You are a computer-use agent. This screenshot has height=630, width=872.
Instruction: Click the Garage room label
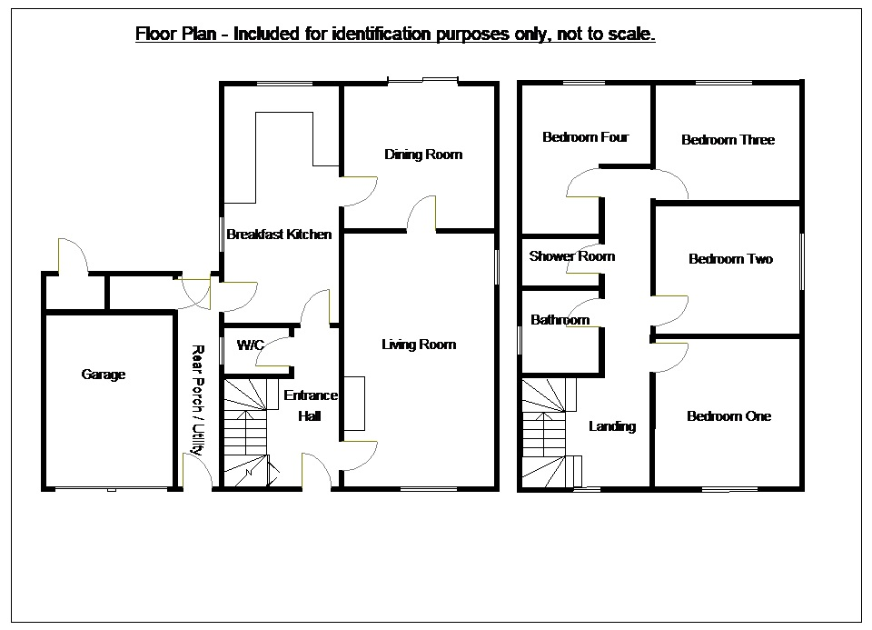coord(104,375)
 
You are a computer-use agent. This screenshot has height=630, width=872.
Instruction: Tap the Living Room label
coord(419,345)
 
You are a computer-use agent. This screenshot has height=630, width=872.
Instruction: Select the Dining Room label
coord(423,155)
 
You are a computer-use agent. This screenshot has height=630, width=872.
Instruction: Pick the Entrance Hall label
coord(311,405)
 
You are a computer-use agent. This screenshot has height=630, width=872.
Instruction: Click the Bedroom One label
coord(729,416)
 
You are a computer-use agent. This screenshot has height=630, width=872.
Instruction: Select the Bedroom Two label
coord(730,259)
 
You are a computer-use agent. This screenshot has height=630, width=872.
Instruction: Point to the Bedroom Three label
coord(728,140)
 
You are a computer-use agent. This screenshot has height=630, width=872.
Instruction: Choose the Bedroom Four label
coord(585,137)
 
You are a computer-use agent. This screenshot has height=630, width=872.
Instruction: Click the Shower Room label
coord(572,256)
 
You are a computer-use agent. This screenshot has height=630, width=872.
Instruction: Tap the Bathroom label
coord(560,320)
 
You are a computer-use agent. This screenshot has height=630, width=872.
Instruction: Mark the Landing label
coord(612,426)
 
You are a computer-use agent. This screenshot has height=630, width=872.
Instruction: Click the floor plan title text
coord(395,35)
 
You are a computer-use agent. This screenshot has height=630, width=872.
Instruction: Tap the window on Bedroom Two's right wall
coord(801,262)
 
